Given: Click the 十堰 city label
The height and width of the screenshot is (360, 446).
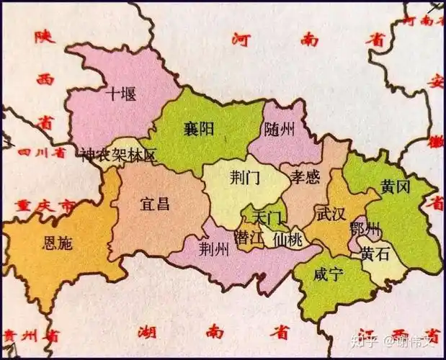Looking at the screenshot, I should click(x=120, y=94).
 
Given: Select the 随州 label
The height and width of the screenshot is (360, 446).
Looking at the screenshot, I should click(x=280, y=130).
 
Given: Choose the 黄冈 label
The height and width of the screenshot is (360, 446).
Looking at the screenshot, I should click(x=396, y=187).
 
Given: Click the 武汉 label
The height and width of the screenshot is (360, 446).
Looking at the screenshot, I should click(x=331, y=214).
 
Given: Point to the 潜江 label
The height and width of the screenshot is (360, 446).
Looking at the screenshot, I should click(x=250, y=238).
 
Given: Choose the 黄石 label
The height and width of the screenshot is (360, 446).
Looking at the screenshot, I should click(x=377, y=253).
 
